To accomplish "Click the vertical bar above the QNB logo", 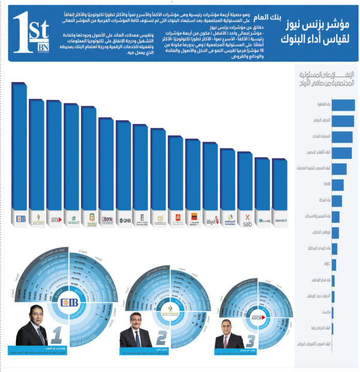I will tap(123, 165).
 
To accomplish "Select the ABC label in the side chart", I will tap(326, 264).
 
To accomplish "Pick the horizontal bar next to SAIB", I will tap(338, 184).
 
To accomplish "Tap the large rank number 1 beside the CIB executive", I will tap(57, 336).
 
